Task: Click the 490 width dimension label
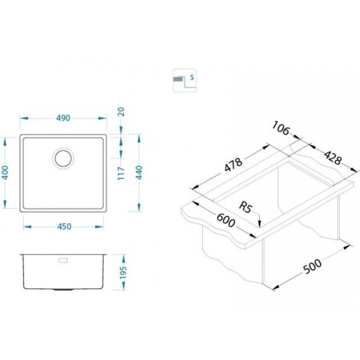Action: (63, 118)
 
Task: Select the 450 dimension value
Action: (64, 226)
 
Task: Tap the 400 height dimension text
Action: (5, 173)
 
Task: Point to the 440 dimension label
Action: (139, 173)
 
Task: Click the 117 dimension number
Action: (121, 173)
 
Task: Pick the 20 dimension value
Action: (121, 112)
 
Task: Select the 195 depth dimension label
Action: (123, 272)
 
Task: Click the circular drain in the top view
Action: (63, 158)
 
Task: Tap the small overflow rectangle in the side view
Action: (63, 260)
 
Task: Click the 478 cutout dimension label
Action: (233, 164)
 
